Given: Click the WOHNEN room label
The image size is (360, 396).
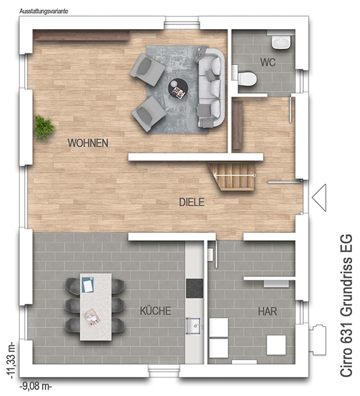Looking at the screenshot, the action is pyautogui.click(x=88, y=143).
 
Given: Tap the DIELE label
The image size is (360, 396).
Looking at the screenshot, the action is pyautogui.click(x=192, y=202).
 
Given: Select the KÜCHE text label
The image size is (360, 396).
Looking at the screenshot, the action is pyautogui.click(x=156, y=311).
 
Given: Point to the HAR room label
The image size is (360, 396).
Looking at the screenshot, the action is pyautogui.click(x=268, y=312).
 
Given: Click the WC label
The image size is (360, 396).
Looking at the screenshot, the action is pyautogui.click(x=268, y=63).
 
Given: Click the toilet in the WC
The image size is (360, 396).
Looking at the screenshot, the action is pyautogui.click(x=245, y=78).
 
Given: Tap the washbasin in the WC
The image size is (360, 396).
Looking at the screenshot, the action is pyautogui.click(x=282, y=42).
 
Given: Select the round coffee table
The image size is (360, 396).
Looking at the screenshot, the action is pyautogui.click(x=178, y=88).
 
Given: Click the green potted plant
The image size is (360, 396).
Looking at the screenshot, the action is pyautogui.click(x=44, y=128).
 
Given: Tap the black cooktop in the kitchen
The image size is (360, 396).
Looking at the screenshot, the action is pyautogui.click(x=195, y=288).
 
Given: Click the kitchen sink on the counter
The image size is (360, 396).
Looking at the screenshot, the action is pyautogui.click(x=194, y=326).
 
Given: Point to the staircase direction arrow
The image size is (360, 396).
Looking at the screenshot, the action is pyautogui.click(x=235, y=175).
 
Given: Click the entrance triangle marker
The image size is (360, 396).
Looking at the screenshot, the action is pyautogui.click(x=319, y=197).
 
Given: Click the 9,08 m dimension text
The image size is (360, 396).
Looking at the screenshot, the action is pyautogui.click(x=36, y=386).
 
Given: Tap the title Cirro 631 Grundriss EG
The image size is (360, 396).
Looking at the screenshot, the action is pyautogui.click(x=345, y=306).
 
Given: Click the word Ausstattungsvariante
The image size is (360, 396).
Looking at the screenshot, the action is pyautogui.click(x=44, y=11).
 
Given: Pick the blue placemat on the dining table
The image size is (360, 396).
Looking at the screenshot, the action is pyautogui.click(x=88, y=284).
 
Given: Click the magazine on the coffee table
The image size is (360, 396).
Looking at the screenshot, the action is pyautogui.click(x=179, y=92).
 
